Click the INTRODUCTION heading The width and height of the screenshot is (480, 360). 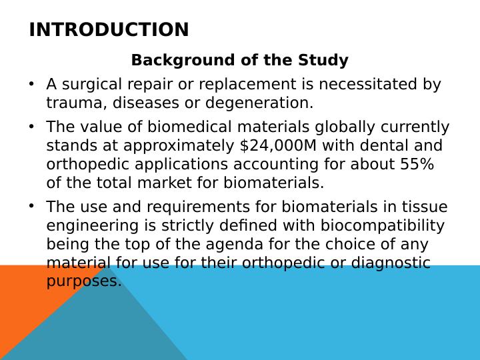pos(109,30)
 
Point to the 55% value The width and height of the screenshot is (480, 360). pos(417,164)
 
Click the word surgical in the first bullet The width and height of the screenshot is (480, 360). pos(91,85)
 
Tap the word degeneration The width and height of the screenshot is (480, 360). pos(259,103)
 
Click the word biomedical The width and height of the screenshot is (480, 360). pos(189,127)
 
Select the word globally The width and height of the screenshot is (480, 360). pos(345,127)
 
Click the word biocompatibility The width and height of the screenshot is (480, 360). pos(383,226)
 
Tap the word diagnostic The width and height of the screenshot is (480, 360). pos(391,263)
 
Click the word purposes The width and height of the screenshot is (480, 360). pos(84,282)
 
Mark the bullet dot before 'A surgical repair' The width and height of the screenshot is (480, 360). pos(31,83)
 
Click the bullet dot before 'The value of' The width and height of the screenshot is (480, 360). pos(31,126)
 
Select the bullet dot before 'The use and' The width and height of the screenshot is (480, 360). pos(31,206)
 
